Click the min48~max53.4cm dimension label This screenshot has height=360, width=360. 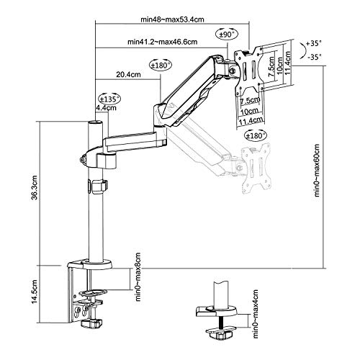pyautogui.click(x=172, y=19)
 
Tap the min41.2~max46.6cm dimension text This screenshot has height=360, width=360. pyautogui.click(x=163, y=42)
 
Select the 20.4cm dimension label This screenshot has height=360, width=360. pyautogui.click(x=128, y=74)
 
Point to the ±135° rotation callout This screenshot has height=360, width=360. pyautogui.click(x=109, y=99)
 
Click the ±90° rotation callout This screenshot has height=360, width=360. pyautogui.click(x=227, y=35)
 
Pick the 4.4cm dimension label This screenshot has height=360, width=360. pyautogui.click(x=106, y=108)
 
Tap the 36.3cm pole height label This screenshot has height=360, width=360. pyautogui.click(x=35, y=187)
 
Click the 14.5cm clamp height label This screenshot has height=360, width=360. pyautogui.click(x=35, y=292)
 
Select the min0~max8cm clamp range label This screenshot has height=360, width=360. pyautogui.click(x=138, y=276)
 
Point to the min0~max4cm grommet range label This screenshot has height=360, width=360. pyautogui.click(x=256, y=314)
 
